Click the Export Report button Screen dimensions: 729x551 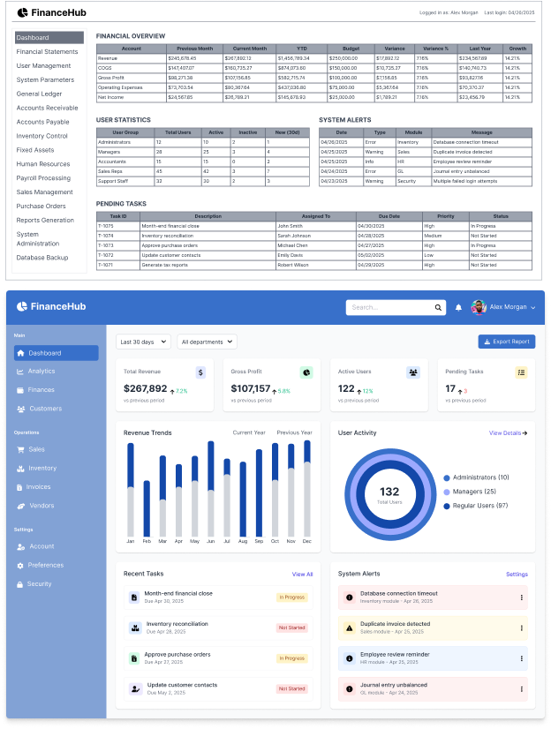point(507,342)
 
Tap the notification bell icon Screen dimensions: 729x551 point(458,307)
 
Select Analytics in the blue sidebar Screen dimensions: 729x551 point(42,372)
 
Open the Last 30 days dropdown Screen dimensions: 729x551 point(143,342)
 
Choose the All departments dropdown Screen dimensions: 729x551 point(208,342)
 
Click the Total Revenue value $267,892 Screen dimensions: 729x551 point(145,388)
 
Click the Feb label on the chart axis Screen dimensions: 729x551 point(147,540)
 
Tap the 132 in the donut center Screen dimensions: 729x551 point(389,492)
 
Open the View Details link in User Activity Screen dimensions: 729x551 point(508,433)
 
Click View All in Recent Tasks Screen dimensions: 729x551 point(302,574)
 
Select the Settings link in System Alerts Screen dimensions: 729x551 point(517,574)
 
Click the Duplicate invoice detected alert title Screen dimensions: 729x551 point(396,624)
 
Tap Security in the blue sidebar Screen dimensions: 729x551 point(40,583)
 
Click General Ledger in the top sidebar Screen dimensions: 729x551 point(40,94)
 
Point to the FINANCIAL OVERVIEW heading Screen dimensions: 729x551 point(131,36)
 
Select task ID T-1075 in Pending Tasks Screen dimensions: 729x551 point(106,226)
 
